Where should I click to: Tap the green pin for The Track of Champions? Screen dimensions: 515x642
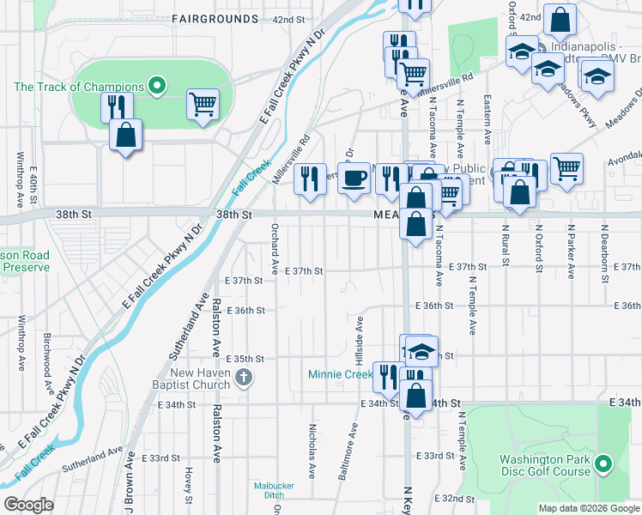(156, 85)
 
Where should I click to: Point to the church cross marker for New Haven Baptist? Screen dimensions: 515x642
(244, 377)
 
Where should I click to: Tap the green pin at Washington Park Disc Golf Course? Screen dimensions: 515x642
(603, 465)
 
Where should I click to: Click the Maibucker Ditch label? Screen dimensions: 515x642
(275, 490)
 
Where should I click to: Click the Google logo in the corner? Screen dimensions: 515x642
(29, 505)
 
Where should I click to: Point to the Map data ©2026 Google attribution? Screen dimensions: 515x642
(588, 508)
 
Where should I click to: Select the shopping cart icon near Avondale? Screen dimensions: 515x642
(566, 169)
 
